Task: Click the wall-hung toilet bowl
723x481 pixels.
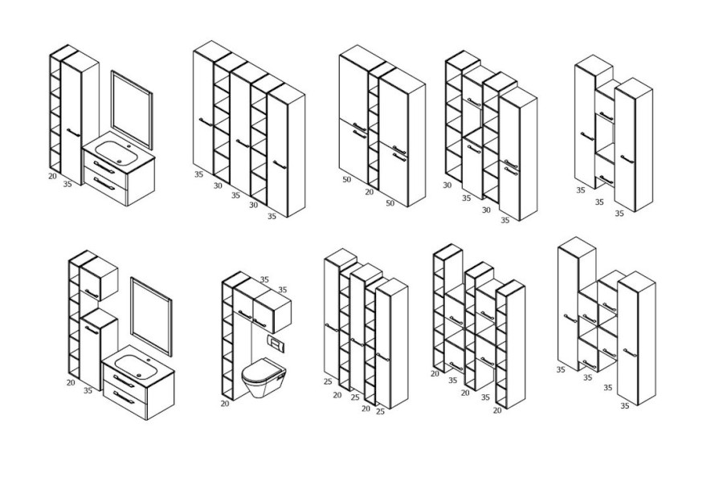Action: tap(263, 376)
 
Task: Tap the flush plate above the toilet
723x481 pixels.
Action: tap(276, 343)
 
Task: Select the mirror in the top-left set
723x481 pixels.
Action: tap(132, 110)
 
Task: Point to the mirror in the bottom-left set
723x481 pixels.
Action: tap(151, 316)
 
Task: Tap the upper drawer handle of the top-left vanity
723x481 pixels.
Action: tap(104, 167)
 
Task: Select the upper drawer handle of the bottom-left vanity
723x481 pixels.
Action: tap(124, 381)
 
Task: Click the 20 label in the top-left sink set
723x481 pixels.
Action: tap(52, 176)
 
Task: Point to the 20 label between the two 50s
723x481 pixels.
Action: tap(370, 192)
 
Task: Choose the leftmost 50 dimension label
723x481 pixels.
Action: tap(347, 179)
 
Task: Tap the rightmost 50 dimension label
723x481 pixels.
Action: tap(390, 203)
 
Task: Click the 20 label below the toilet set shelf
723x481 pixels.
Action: tap(225, 404)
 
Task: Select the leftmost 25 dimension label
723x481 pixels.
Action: tap(328, 381)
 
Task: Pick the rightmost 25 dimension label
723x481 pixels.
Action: tap(380, 411)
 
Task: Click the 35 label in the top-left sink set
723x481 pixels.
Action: tap(67, 184)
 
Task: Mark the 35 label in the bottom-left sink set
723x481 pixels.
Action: tap(88, 391)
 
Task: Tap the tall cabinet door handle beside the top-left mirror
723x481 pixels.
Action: tap(73, 132)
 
